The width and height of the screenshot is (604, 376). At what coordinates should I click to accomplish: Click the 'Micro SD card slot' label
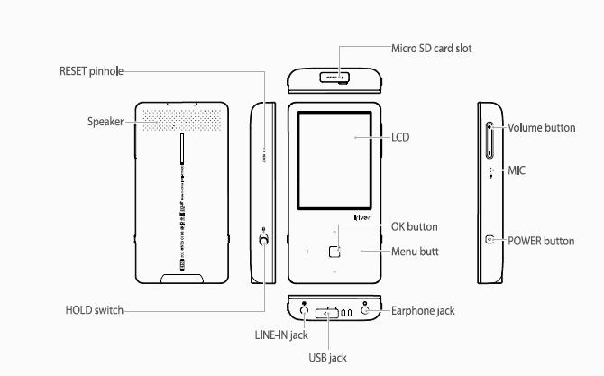(432, 48)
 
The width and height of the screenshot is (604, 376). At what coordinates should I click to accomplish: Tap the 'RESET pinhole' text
(91, 70)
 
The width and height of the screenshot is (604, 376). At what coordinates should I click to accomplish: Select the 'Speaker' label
(105, 122)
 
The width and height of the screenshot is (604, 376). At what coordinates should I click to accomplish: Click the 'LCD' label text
(401, 137)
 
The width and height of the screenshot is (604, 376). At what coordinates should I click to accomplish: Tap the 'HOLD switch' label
(94, 310)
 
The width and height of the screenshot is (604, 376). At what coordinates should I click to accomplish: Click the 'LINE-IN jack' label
(281, 335)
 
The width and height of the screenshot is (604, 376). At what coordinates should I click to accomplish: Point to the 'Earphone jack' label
(423, 310)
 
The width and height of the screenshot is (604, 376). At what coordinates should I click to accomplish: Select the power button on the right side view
(490, 240)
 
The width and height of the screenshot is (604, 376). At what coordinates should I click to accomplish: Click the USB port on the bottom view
(334, 313)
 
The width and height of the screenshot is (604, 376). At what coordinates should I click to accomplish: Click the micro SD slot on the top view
(334, 78)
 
